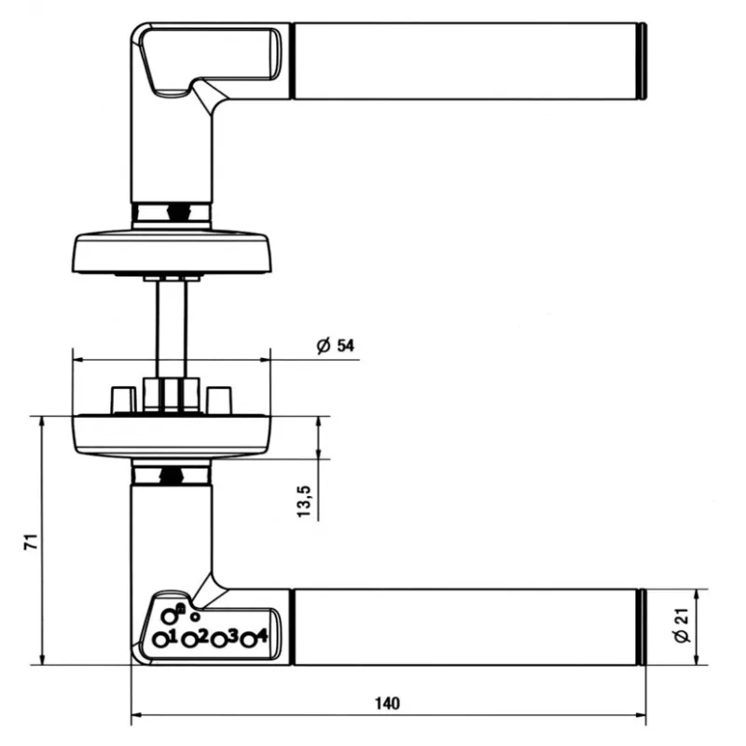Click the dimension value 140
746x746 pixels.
[x=389, y=703]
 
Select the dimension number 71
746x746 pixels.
[x=29, y=542]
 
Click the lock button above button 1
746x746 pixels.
[x=169, y=615]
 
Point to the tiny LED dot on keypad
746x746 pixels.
[x=195, y=616]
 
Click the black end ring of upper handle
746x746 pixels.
[x=642, y=62]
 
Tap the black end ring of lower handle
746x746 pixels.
[x=642, y=628]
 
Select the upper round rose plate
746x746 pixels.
[x=172, y=253]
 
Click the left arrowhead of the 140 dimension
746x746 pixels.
[x=135, y=717]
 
